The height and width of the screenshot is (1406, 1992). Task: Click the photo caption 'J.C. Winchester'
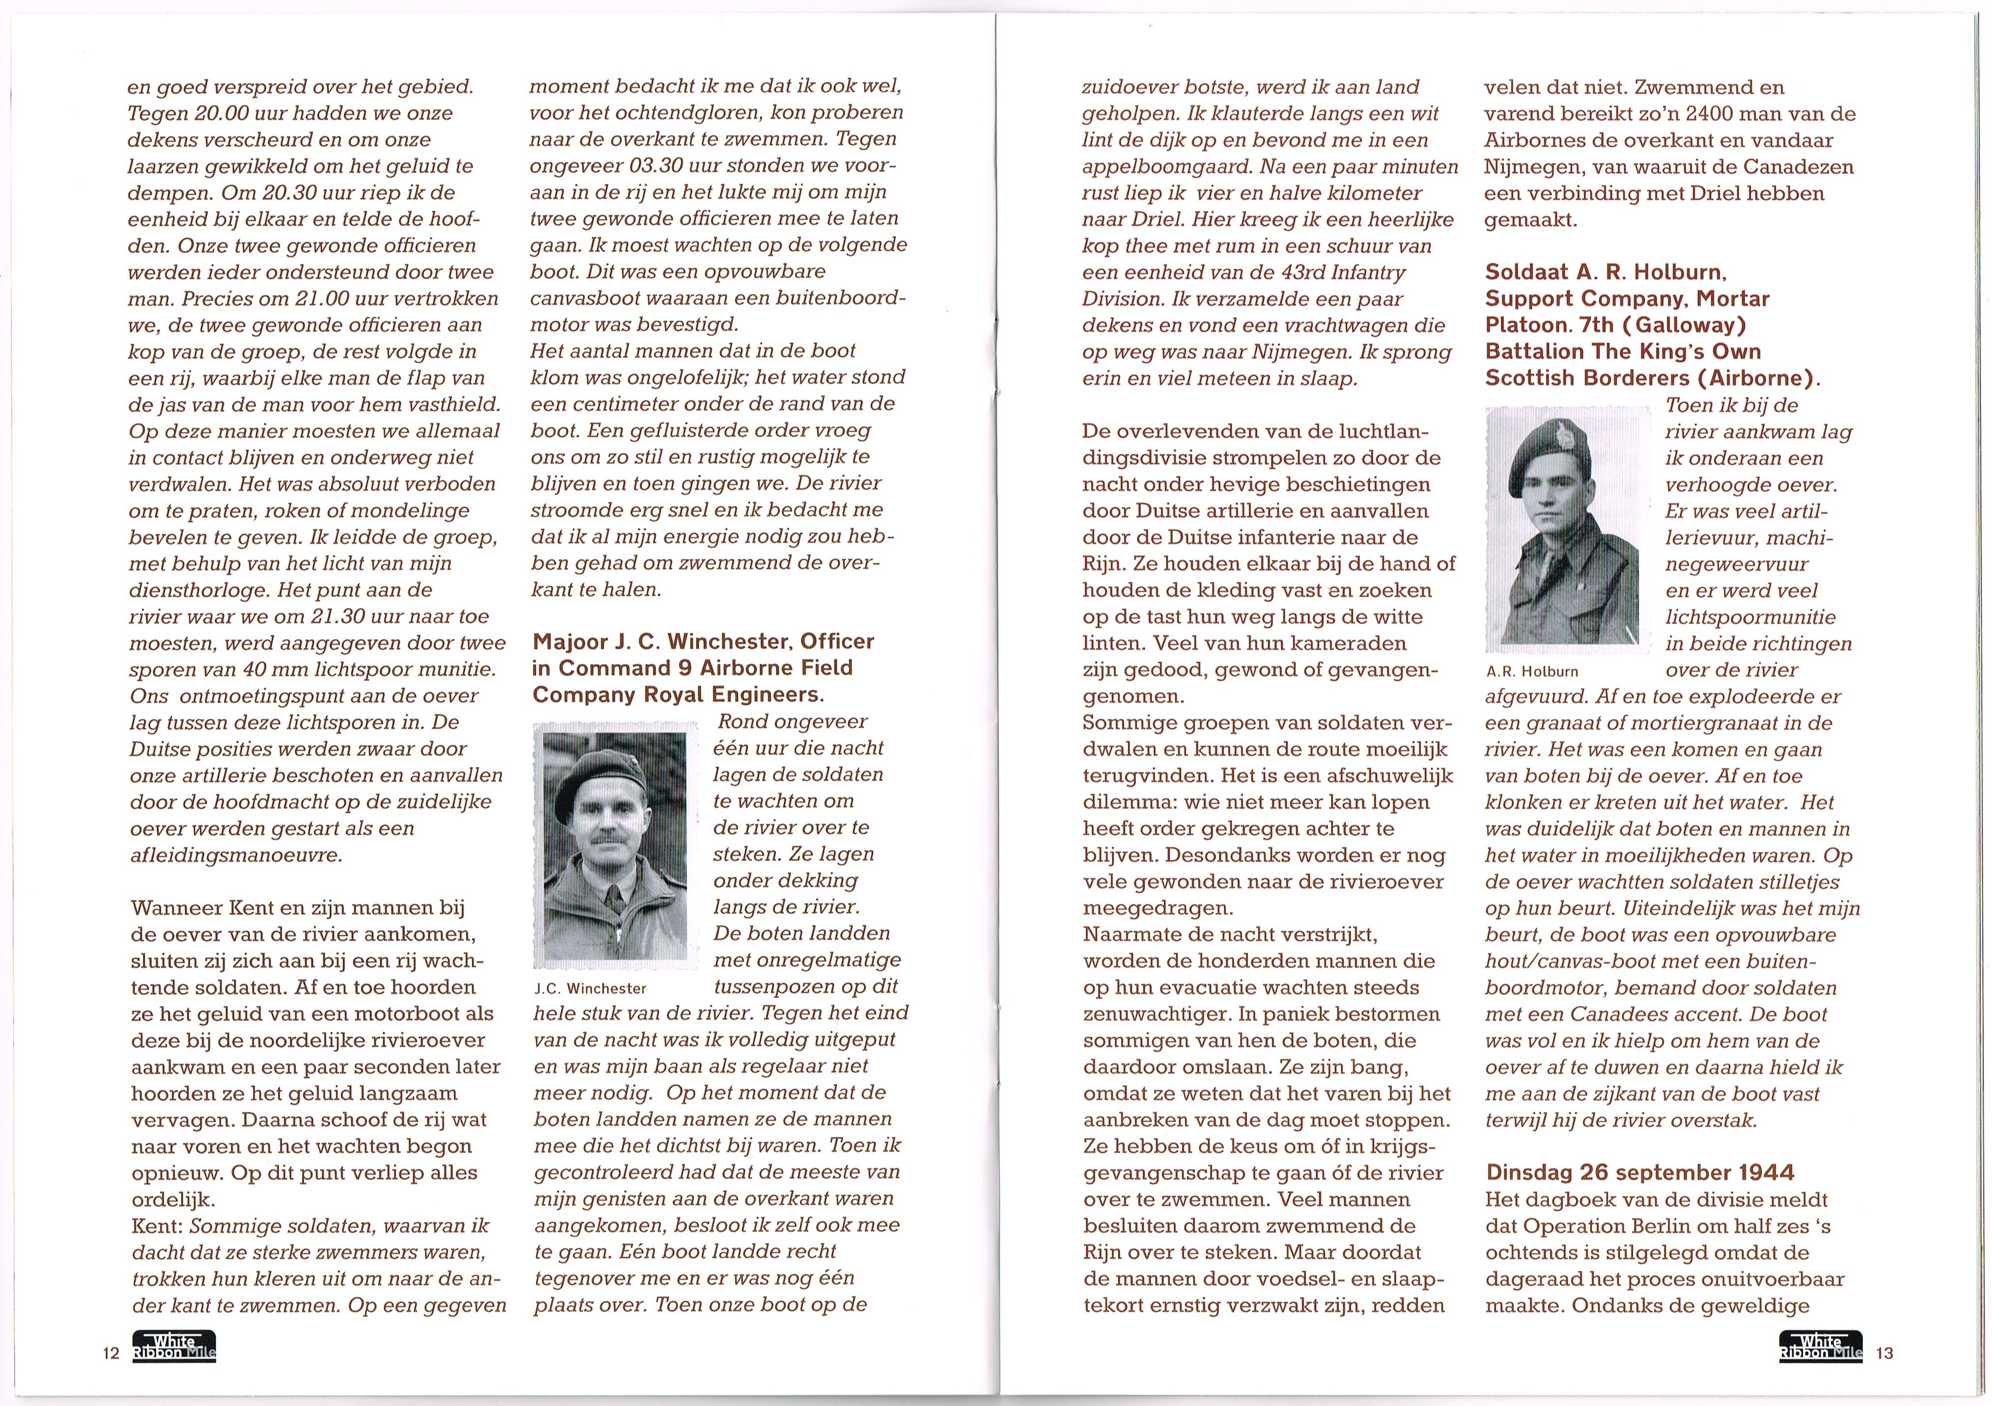tap(590, 988)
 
